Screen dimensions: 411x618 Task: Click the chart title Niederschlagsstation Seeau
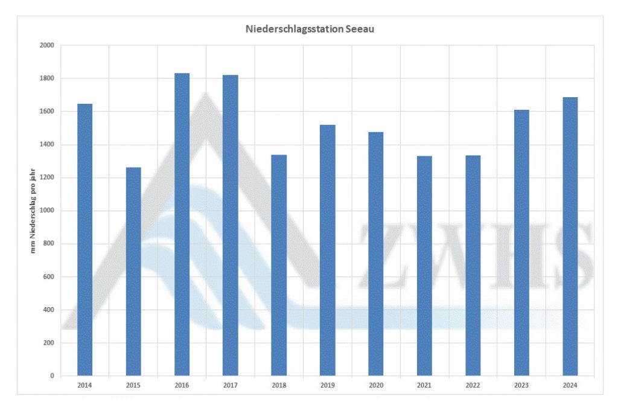coord(310,29)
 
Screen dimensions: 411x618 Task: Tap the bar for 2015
coord(133,272)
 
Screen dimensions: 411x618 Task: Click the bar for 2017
coord(231,226)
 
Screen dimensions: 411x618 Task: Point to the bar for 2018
coord(279,266)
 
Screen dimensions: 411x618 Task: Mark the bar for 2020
coord(376,254)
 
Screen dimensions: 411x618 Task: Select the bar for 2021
coord(424,266)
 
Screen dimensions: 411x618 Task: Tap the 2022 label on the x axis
coord(473,384)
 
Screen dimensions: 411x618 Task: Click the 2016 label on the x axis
coord(182,384)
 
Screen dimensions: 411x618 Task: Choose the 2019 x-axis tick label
coord(327,384)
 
